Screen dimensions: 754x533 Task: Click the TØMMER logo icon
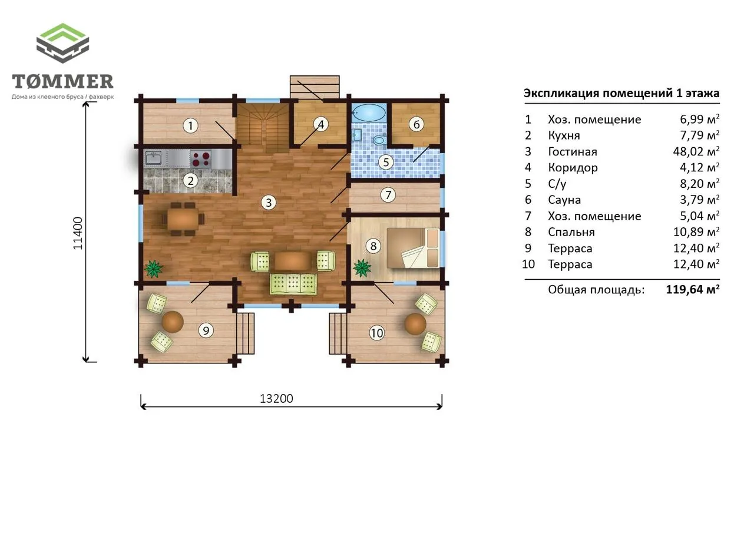(x=62, y=43)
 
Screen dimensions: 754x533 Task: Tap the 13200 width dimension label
(x=276, y=399)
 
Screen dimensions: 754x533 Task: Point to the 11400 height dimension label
(x=78, y=233)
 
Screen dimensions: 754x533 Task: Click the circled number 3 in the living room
(x=269, y=203)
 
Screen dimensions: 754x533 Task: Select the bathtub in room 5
(x=369, y=112)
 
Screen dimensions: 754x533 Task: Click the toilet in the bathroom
(x=380, y=140)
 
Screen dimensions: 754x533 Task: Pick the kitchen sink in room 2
(x=154, y=158)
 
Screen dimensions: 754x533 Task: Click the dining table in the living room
(x=183, y=220)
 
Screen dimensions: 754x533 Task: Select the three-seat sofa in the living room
(x=293, y=284)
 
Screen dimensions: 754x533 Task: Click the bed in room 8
(x=414, y=248)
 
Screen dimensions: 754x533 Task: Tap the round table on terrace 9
(x=173, y=322)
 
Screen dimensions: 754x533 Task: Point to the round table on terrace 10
(x=415, y=324)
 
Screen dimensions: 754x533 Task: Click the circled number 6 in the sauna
(x=416, y=124)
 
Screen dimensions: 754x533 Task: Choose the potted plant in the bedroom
(x=362, y=268)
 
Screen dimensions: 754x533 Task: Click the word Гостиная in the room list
(x=573, y=152)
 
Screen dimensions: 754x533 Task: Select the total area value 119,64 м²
(x=693, y=289)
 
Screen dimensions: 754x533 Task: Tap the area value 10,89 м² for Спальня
(x=696, y=232)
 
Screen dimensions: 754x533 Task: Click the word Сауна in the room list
(x=564, y=200)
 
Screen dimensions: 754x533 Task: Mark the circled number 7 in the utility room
(x=388, y=195)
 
